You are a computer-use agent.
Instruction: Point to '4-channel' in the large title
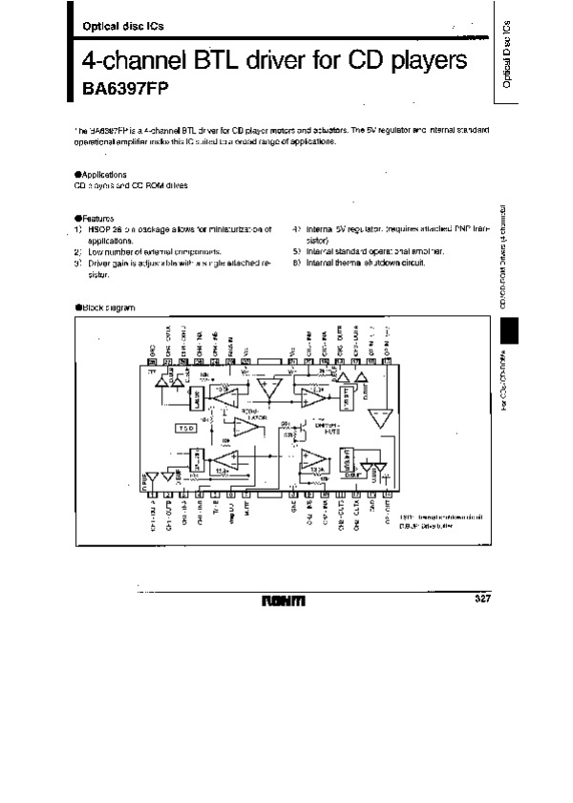134,62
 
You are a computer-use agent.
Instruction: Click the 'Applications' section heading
103,175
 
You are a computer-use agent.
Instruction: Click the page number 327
482,599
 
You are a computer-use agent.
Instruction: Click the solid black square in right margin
510,334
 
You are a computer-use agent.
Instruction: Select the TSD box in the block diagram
187,429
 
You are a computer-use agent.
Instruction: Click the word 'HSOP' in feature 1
100,229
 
